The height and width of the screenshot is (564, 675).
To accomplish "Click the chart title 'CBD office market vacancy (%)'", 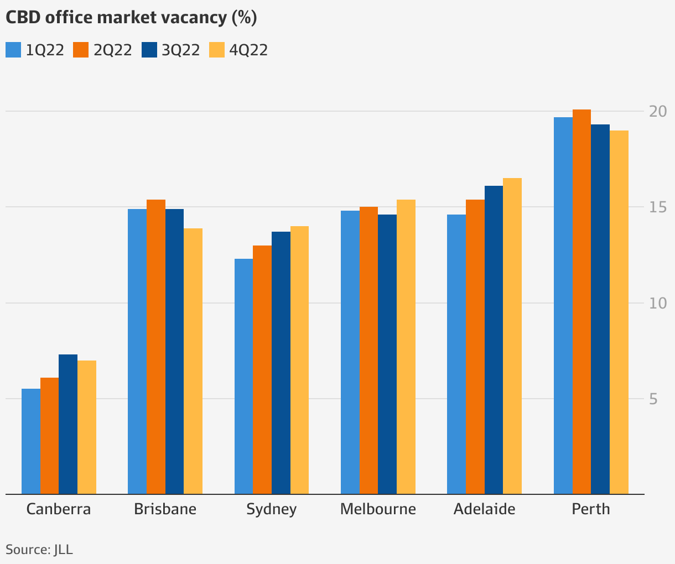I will point(131,18).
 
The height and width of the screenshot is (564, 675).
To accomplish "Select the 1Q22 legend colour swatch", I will point(13,50).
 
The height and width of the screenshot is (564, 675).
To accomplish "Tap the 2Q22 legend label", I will point(113,50).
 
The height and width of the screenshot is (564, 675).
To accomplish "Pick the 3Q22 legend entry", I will point(171,50).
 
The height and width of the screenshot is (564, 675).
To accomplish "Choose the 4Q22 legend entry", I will point(238,50).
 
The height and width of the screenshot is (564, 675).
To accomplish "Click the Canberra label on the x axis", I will point(59,509).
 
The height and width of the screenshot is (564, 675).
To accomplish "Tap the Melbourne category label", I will point(378,509).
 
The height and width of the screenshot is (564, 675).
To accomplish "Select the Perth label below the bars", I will point(591,509).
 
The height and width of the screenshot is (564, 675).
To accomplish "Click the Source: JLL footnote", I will point(39,550).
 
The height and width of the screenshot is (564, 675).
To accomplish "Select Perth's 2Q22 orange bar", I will point(581,301).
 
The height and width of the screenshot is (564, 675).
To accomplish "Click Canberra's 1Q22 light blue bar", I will point(31,441).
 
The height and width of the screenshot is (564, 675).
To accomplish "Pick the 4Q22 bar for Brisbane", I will point(193,361).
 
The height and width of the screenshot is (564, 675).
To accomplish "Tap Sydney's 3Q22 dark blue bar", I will point(281,363).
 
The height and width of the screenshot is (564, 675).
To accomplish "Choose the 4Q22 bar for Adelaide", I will point(512,336).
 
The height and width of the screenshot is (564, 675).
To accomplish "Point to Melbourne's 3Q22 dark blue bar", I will point(387,354).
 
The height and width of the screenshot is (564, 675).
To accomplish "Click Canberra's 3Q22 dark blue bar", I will point(68,424).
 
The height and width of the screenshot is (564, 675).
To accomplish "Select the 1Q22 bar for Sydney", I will point(243,376).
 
